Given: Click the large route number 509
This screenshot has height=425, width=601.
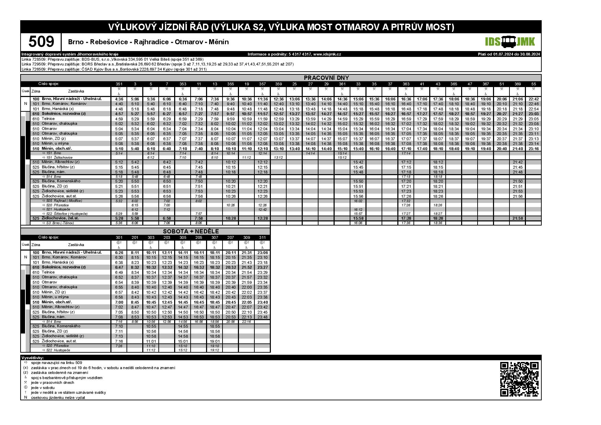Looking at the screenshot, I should pos(41,42).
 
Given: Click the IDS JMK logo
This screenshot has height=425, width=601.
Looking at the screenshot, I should pos(510,42).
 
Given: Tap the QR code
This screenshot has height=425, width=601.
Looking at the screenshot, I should pos(519,379).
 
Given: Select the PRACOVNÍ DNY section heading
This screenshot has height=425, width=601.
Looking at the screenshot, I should pos(326,78).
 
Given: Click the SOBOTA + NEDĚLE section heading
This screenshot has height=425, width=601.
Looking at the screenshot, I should pos(191,231).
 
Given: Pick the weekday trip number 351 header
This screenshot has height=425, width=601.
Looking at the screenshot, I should pos(119,84).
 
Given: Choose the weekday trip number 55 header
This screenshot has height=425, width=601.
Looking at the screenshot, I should pos(533,84).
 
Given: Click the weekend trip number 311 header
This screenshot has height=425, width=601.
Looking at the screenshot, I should pos(262,238).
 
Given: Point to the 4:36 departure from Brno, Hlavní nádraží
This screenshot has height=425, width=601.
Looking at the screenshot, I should pos(119,99).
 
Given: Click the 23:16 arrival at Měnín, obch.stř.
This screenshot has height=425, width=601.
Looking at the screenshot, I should pos(533,149).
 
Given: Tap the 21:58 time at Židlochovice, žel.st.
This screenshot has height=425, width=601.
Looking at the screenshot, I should pos(517,218).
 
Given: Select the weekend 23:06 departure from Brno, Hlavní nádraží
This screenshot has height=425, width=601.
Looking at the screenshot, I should pos(262,253).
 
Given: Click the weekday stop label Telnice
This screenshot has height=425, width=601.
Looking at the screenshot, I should pos(48,119).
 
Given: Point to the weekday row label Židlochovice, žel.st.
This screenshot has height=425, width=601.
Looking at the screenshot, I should pos(60,218).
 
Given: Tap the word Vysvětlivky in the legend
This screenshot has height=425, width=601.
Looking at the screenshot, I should pos(33,358).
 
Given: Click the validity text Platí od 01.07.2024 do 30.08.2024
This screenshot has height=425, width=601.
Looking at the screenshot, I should pos(509,54).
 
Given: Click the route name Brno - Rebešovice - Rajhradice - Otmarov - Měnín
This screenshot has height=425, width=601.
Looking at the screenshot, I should pos(148,42).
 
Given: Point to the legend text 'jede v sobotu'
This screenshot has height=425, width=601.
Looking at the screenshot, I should pos(43,388).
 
